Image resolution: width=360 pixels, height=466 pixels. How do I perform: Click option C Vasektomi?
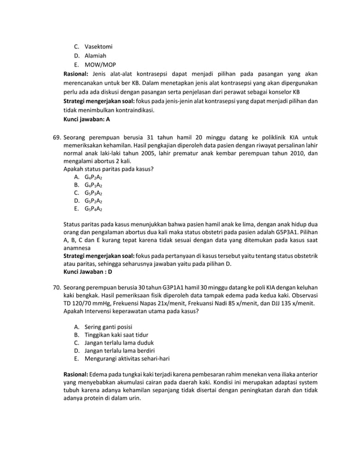[x=98, y=46]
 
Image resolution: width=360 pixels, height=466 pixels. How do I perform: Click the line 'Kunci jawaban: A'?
[x=86, y=120]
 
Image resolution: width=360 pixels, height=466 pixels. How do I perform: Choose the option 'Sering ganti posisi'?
[x=108, y=327]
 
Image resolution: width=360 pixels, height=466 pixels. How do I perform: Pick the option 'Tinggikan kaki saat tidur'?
[x=116, y=335]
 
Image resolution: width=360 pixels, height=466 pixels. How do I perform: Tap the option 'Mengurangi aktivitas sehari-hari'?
[x=127, y=358]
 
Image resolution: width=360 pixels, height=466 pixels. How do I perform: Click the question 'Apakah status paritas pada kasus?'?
[x=108, y=169]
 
